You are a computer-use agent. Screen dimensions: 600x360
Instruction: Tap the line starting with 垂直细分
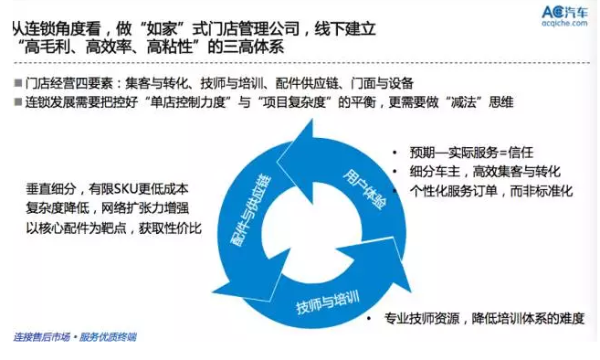click(116, 189)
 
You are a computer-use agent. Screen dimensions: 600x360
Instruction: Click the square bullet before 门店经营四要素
click(19, 82)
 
